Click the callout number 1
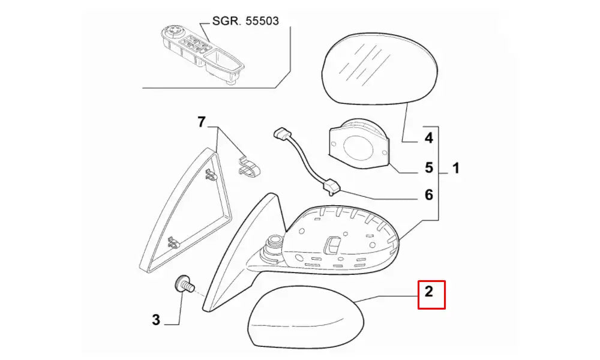456,169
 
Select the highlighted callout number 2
429,292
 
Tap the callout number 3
156,320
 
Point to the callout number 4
429,138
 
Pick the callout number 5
429,167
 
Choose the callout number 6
429,195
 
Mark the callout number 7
202,122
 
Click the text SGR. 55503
245,20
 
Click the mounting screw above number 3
185,284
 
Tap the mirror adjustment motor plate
359,143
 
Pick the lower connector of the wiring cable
331,187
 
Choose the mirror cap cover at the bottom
305,317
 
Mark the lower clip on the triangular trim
175,242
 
